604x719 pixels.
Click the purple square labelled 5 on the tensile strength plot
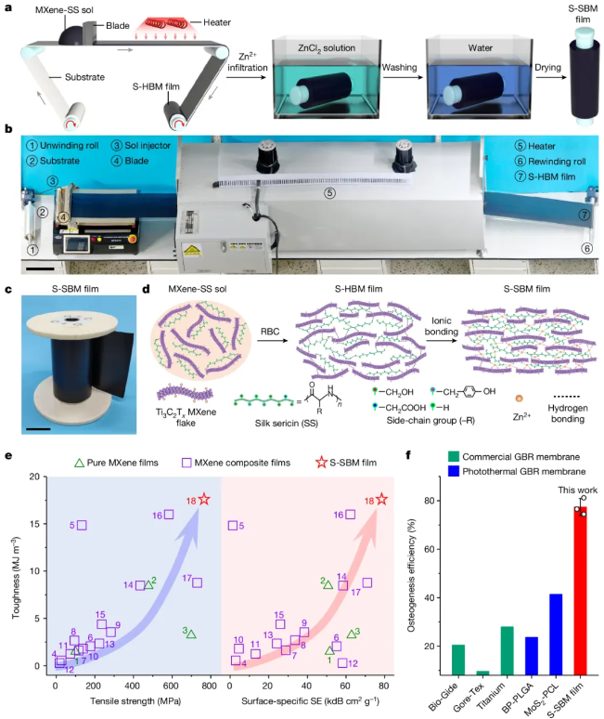pyautogui.click(x=82, y=525)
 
